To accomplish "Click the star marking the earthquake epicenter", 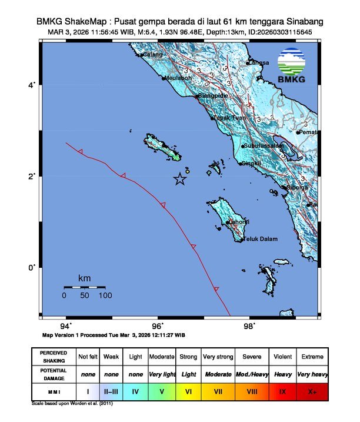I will tap(180, 180).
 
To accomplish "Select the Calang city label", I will tap(152, 55).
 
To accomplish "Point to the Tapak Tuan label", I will tap(229, 118).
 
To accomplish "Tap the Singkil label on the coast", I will tap(252, 163).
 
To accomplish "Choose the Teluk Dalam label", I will tap(260, 239).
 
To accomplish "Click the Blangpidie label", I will tap(213, 95).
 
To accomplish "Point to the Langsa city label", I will tap(258, 62).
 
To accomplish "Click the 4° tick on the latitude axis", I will tap(33, 85).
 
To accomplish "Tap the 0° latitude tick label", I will tap(33, 267).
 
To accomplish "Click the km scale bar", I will tap(84, 287).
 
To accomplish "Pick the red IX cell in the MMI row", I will tap(282, 391).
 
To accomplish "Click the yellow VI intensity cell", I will tap(189, 391).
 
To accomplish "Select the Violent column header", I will tap(282, 357).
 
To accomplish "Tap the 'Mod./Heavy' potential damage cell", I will tap(251, 374).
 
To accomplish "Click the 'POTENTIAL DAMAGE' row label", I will tap(54, 374).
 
